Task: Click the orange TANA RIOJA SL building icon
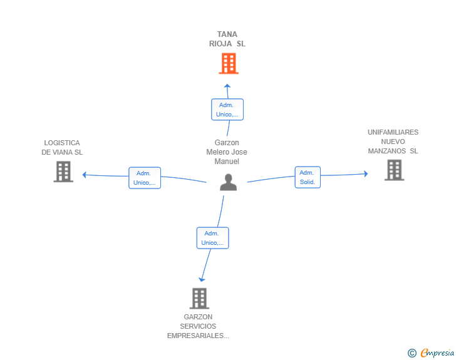point(229,63)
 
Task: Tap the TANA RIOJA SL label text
point(227,39)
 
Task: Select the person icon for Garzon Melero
point(229,182)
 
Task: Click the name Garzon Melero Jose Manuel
point(227,152)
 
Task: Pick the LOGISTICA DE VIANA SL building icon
point(63,172)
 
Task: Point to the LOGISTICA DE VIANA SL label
point(62,148)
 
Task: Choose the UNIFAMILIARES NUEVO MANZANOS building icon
point(394,170)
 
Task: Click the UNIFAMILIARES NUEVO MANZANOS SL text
point(393,141)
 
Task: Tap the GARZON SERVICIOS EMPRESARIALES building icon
point(199,299)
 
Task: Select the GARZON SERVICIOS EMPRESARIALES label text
point(198,326)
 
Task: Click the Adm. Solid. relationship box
point(308,177)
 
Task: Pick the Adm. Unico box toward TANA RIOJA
point(227,110)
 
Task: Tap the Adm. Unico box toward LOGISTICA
point(144,178)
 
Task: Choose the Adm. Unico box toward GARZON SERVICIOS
point(212,238)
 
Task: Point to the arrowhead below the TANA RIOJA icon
point(227,85)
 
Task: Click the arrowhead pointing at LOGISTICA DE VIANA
point(85,175)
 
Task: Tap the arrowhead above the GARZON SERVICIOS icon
point(201,279)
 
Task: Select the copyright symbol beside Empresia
point(412,353)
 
